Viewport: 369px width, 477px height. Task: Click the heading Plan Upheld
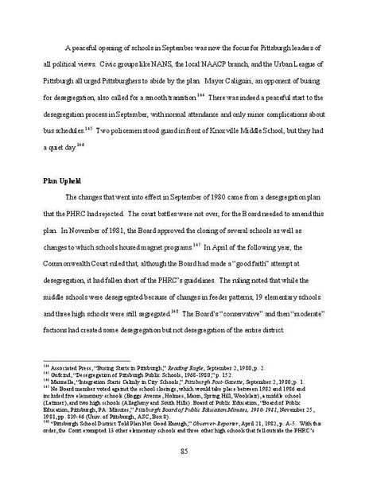61,181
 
